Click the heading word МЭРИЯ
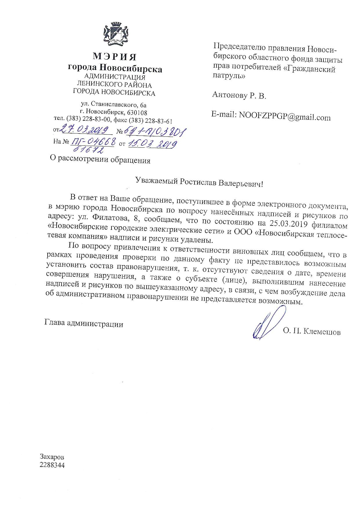tap(114, 56)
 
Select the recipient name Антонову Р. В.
tap(239, 95)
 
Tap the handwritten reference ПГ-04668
tap(93, 142)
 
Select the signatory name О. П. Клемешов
tap(312, 332)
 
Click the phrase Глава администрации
tap(84, 324)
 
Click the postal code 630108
tap(138, 112)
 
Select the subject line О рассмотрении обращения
tap(100, 160)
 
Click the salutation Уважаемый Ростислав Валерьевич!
tap(199, 183)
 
